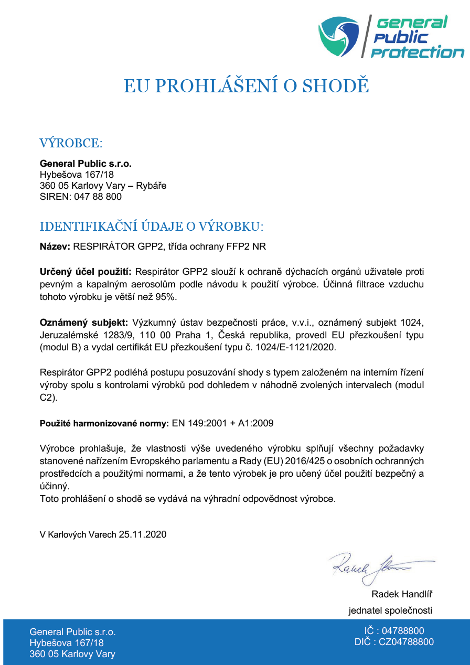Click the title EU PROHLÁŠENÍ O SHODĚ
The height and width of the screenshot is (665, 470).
(x=247, y=86)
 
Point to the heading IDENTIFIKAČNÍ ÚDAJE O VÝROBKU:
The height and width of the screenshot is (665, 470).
(x=152, y=227)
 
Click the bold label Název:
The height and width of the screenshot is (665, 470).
(x=56, y=246)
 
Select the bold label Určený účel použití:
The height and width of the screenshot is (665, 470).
(x=87, y=272)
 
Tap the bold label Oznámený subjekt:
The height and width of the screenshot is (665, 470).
(x=84, y=322)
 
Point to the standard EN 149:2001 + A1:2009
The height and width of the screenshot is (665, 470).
(x=223, y=423)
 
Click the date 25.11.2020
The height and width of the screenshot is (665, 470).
(x=143, y=534)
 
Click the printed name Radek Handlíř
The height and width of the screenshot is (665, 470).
(x=402, y=594)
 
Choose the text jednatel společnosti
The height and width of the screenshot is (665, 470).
(x=390, y=610)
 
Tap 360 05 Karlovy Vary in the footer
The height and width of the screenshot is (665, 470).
(x=72, y=654)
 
